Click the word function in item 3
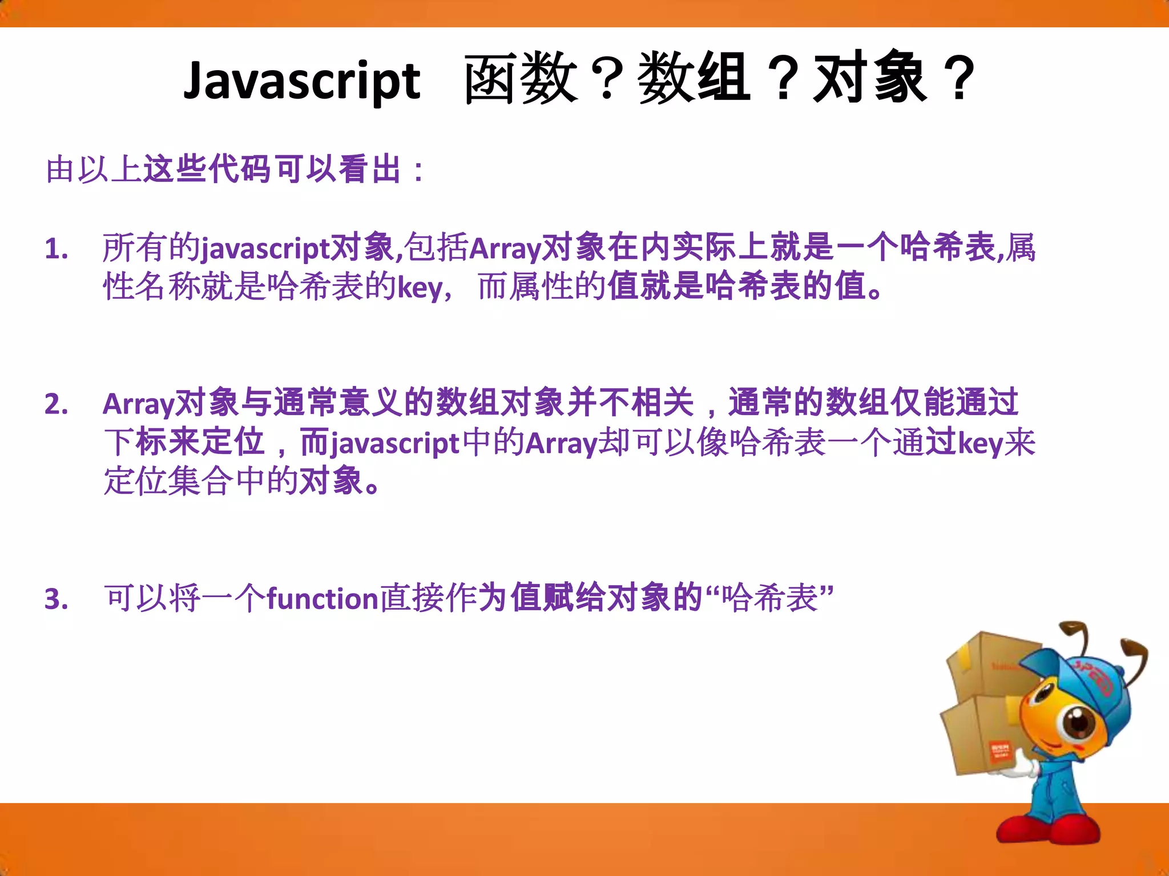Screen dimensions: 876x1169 [x=323, y=599]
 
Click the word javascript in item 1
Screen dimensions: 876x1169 [x=265, y=249]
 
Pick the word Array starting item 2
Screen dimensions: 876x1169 [x=138, y=404]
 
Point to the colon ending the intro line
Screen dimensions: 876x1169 [x=419, y=171]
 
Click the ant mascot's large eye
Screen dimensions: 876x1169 [x=1078, y=725]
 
